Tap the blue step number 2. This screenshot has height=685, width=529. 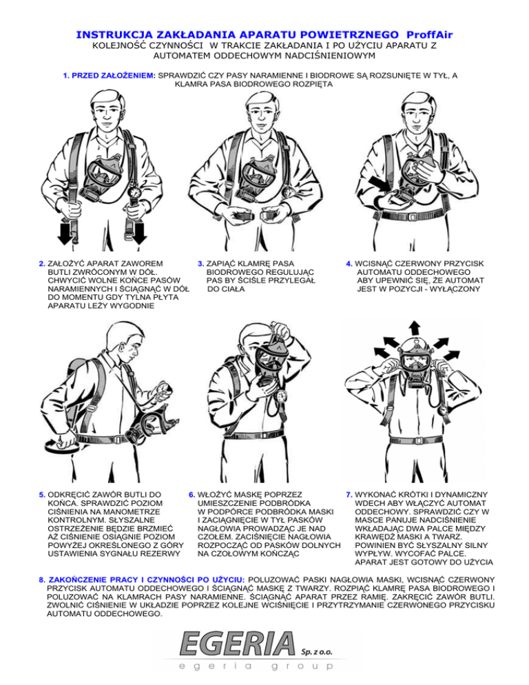pos(43,263)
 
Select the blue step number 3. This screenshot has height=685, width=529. pos(200,263)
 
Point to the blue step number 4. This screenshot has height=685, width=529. pos(350,263)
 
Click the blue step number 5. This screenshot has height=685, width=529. pos(43,494)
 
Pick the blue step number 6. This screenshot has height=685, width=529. pos(191,494)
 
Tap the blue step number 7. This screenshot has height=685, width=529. pos(350,494)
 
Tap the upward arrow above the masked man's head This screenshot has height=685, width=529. pos(414,327)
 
